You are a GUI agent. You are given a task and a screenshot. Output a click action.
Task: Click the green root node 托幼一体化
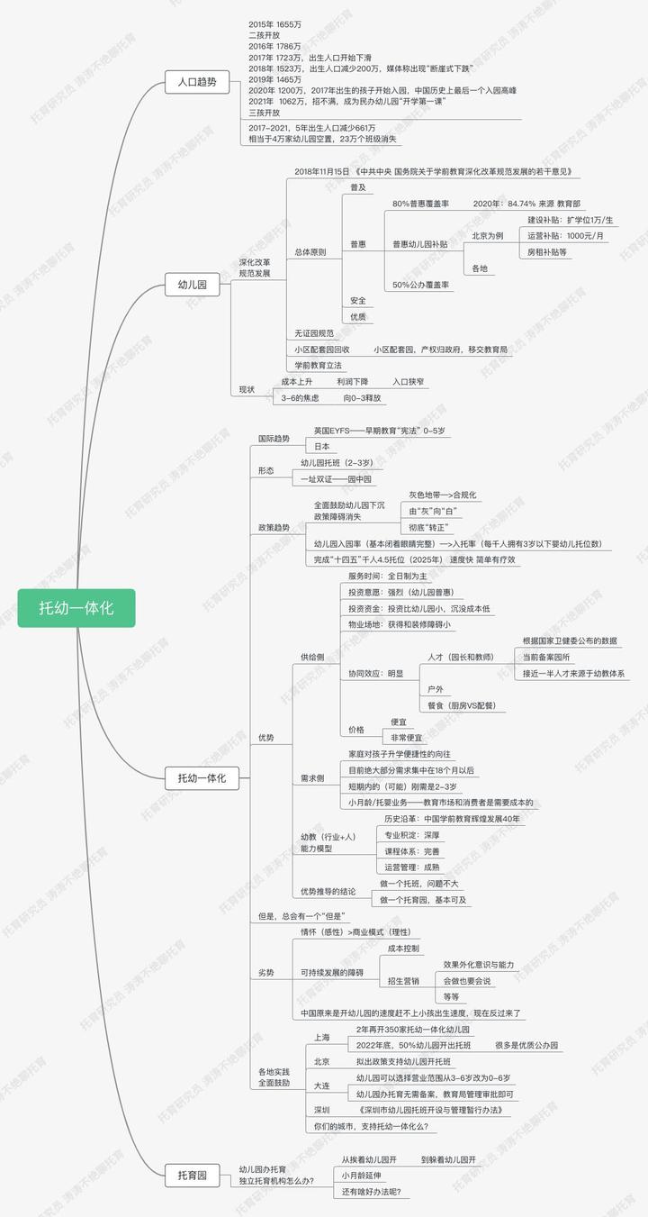(76, 608)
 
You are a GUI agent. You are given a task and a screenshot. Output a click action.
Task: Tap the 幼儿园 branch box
(192, 286)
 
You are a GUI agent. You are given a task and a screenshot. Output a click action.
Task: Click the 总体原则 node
(310, 252)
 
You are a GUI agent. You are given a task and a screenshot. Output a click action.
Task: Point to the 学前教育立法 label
(319, 365)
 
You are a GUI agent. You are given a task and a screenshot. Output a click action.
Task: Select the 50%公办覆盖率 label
(422, 285)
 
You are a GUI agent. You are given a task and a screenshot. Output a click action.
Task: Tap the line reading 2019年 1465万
(275, 80)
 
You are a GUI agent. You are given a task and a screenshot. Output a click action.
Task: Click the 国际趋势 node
(274, 439)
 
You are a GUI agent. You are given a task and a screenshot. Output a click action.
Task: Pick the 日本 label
(322, 447)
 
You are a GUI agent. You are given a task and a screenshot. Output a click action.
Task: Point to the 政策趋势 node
(274, 527)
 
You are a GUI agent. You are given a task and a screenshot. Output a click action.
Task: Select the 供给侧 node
(312, 658)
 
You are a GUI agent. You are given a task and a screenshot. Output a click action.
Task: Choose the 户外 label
(436, 689)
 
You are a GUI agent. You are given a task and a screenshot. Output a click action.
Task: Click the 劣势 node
(266, 972)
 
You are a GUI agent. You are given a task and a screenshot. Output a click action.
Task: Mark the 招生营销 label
(403, 980)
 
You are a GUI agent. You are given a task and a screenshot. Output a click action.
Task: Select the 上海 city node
(322, 1037)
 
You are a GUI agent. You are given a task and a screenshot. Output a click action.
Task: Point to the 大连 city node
(322, 1085)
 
